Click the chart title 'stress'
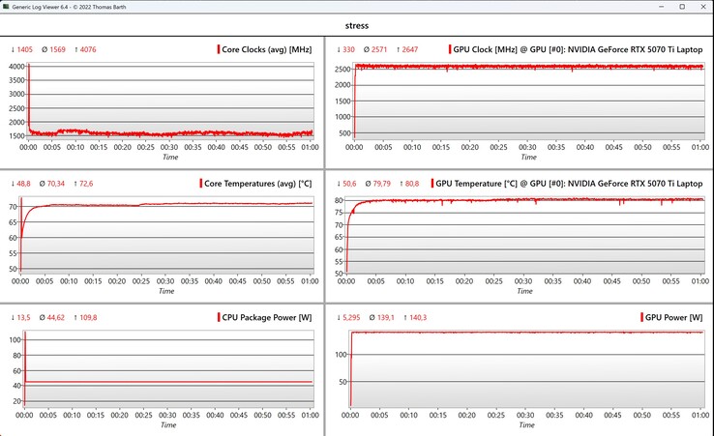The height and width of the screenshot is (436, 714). click(x=357, y=26)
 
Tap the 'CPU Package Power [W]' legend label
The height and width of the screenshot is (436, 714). click(x=265, y=317)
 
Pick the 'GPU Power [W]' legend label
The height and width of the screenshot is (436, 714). click(x=674, y=317)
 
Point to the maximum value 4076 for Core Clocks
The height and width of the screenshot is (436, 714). click(x=86, y=49)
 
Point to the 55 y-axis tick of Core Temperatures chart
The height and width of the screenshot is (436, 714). click(x=15, y=253)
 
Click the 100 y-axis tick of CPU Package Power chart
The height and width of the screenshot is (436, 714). click(x=15, y=340)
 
